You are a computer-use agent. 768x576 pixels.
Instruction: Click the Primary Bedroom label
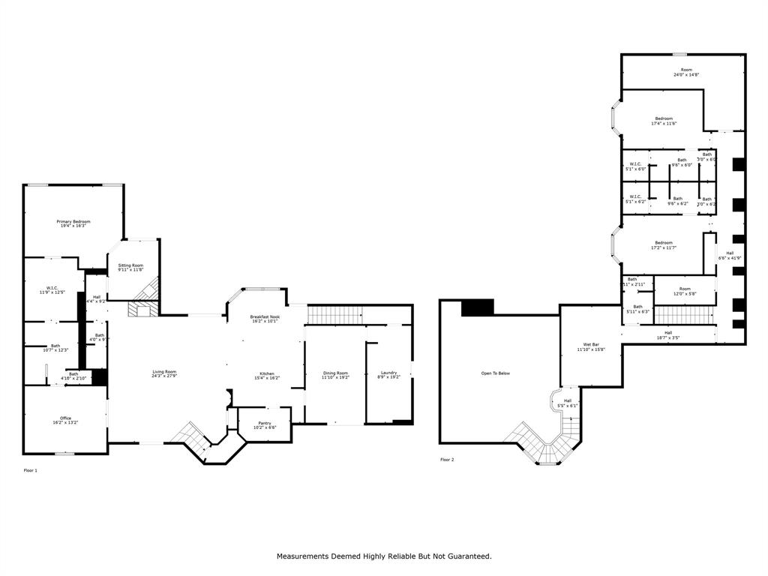(73, 221)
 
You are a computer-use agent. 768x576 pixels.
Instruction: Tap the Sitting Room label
(130, 265)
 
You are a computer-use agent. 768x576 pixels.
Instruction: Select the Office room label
(66, 418)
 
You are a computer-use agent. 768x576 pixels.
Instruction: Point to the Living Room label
(164, 372)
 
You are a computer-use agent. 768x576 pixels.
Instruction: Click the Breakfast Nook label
(265, 317)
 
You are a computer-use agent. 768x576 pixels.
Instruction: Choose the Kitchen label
(267, 373)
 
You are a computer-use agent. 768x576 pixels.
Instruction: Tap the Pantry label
(265, 423)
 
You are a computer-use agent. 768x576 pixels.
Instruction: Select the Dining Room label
(335, 373)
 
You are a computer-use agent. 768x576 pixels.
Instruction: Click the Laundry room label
(388, 373)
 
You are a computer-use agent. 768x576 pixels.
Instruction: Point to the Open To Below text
(496, 373)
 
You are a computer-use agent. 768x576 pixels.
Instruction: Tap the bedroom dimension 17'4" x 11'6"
(664, 124)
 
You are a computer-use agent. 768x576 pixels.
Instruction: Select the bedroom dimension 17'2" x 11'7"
(664, 247)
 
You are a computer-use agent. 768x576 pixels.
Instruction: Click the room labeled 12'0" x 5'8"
(685, 294)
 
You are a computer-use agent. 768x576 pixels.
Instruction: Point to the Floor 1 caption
(30, 470)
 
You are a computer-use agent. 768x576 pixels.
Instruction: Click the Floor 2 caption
(447, 459)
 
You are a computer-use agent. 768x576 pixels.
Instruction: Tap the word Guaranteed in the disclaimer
(468, 556)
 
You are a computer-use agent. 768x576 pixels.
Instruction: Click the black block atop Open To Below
(478, 307)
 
